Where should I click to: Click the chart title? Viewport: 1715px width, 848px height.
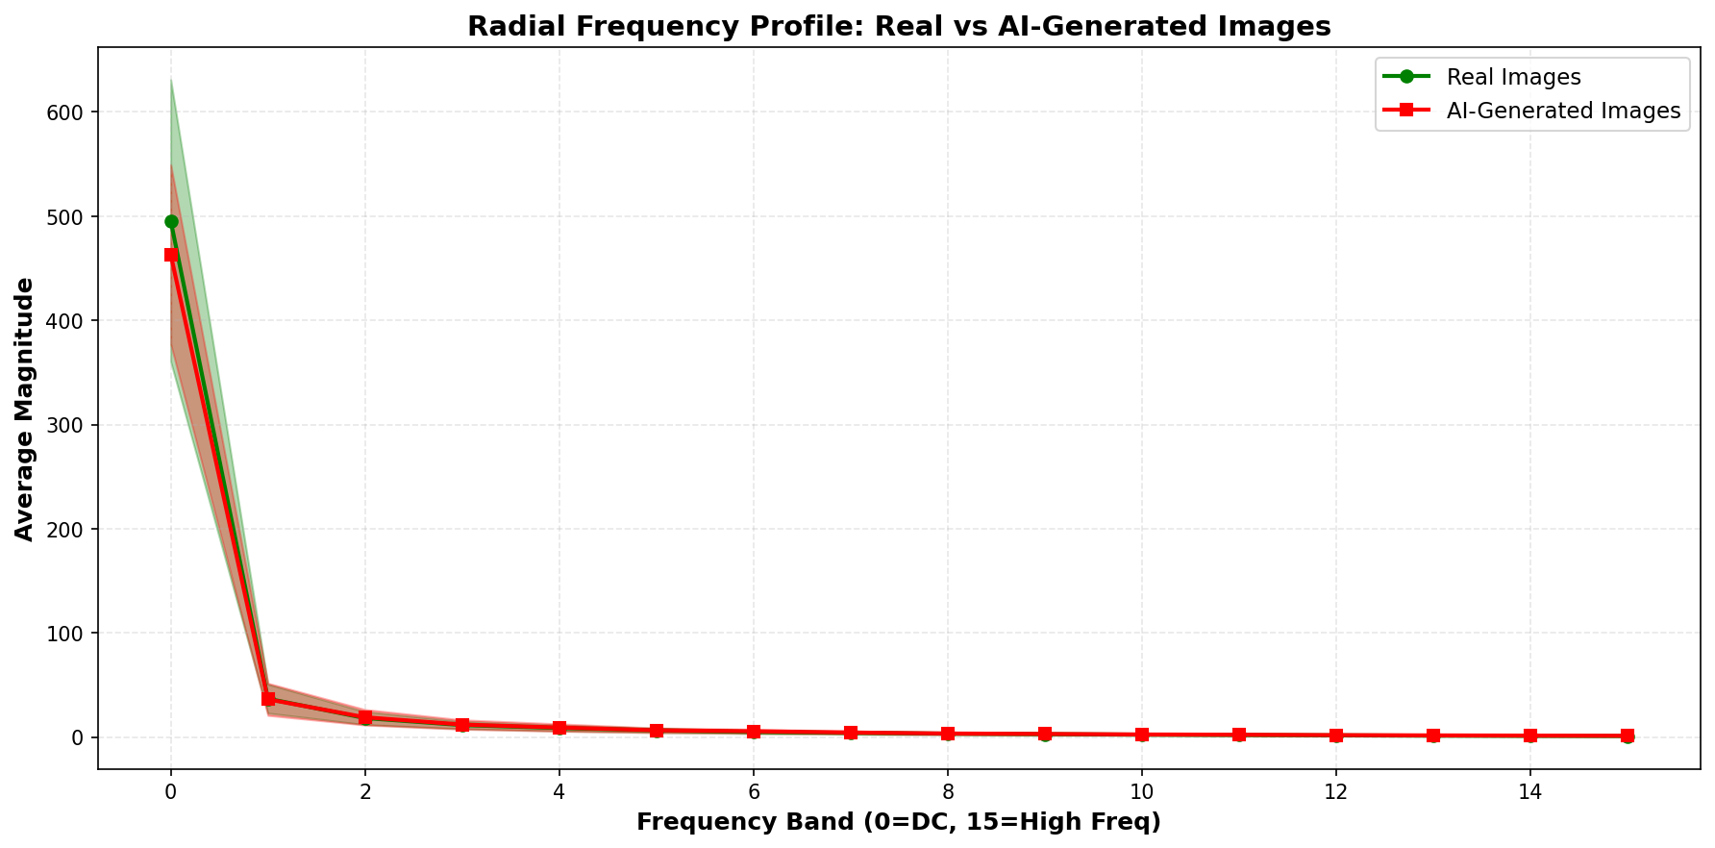[x=898, y=26]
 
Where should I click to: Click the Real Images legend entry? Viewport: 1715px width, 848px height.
[x=1513, y=77]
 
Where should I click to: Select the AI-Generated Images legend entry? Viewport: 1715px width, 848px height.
[x=1562, y=112]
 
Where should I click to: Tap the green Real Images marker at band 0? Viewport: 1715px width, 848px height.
[x=171, y=221]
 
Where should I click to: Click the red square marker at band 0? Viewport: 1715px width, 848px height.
[x=171, y=255]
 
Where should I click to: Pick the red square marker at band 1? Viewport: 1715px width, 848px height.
[x=268, y=699]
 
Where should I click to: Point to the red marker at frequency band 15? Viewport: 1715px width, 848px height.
[x=1627, y=736]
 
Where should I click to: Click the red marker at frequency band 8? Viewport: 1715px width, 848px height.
[x=948, y=734]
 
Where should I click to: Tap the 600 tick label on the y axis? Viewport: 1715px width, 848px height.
[x=66, y=112]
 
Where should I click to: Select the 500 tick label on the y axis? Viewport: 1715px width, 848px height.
[x=66, y=216]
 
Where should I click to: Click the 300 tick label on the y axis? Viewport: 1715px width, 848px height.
[x=66, y=425]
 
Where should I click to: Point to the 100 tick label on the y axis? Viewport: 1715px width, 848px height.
[x=66, y=634]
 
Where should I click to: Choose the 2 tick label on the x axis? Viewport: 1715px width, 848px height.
[x=365, y=792]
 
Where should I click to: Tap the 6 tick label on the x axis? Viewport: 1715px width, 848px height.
[x=754, y=792]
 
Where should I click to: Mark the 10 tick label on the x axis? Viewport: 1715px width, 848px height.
[x=1141, y=792]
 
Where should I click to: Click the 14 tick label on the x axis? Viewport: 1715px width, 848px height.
[x=1529, y=792]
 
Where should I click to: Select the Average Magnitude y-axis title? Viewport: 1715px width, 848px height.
[x=25, y=409]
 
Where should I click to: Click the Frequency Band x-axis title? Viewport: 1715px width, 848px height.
[x=898, y=823]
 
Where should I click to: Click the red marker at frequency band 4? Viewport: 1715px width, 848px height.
[x=559, y=728]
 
